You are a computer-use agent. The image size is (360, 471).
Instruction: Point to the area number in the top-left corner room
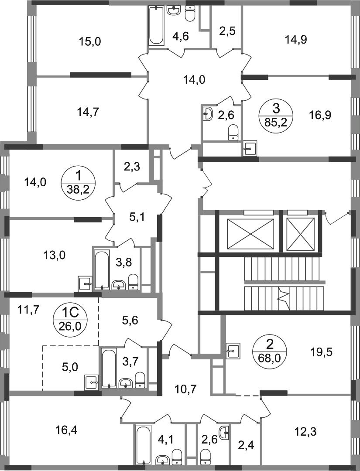tap(90, 42)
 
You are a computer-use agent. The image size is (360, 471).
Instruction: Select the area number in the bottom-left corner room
tap(68, 431)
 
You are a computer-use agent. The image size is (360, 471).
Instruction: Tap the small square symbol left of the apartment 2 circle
tap(234, 350)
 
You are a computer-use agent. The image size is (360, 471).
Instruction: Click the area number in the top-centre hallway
tap(194, 79)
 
